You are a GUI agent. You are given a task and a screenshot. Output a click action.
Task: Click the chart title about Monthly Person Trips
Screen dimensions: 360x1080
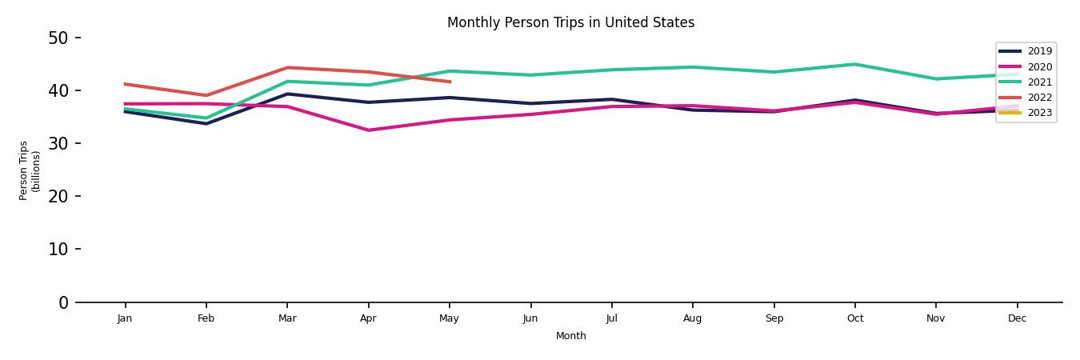click(570, 22)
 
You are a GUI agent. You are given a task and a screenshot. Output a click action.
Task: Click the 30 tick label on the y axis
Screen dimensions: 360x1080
click(58, 143)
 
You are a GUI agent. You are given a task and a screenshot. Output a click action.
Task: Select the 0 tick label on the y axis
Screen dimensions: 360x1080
click(63, 302)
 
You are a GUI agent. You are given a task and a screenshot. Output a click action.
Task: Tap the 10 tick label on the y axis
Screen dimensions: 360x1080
click(58, 249)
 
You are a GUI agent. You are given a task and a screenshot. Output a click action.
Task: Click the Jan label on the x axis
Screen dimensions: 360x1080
click(125, 318)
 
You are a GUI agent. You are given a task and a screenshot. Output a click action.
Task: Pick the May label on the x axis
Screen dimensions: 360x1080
click(450, 318)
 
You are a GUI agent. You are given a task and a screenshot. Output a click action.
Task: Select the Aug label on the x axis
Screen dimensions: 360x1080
click(693, 318)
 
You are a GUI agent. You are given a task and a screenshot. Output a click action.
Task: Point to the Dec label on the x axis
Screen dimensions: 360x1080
click(1017, 318)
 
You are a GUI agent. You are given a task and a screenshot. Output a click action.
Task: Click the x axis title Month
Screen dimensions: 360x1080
click(571, 336)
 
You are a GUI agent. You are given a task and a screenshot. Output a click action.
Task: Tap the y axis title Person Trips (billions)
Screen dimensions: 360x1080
click(30, 170)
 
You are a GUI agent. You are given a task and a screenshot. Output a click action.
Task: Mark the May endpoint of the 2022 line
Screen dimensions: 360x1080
click(450, 82)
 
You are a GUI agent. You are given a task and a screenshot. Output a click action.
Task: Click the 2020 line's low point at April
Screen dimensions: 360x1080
click(368, 130)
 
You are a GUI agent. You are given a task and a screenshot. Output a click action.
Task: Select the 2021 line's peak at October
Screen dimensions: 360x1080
click(854, 64)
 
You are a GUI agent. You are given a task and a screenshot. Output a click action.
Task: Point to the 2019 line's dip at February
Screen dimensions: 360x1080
click(206, 124)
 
